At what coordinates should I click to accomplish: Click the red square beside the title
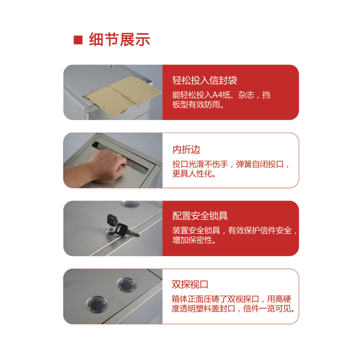(78, 40)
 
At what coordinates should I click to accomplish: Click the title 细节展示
(119, 39)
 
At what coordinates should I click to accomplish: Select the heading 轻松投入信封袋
(205, 80)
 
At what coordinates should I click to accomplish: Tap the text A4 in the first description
(217, 95)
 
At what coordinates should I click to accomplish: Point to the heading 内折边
(186, 150)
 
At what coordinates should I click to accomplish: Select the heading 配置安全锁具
(200, 216)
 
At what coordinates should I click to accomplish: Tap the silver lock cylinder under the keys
(109, 231)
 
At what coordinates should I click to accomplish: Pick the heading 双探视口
(190, 285)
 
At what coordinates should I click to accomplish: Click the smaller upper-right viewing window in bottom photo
(127, 285)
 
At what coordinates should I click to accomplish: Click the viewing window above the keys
(130, 204)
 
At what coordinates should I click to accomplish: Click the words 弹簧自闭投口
(260, 164)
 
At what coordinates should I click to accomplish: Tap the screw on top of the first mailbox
(111, 66)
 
